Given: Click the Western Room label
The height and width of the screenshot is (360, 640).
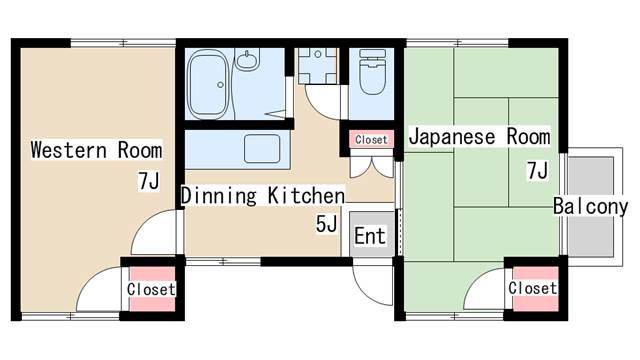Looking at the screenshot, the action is [96, 150].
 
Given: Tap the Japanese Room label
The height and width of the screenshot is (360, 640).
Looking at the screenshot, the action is [480, 136].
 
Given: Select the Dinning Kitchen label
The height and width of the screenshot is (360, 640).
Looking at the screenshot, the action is [263, 196].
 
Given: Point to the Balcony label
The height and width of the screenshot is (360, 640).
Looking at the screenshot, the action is [590, 206].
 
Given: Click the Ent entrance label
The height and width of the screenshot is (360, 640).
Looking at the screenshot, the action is [370, 236].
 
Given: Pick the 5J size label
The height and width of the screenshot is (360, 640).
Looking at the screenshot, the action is [326, 224].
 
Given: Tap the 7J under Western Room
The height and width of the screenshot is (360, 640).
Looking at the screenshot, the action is [149, 181].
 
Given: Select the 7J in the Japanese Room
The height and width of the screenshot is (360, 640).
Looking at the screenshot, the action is [537, 170].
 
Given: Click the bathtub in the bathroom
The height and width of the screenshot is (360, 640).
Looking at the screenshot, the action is [207, 84].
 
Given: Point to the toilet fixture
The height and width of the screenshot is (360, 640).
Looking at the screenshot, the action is [372, 72].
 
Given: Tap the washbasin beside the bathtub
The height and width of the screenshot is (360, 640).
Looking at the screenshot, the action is [247, 61].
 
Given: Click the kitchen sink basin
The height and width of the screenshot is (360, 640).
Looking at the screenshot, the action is [262, 149].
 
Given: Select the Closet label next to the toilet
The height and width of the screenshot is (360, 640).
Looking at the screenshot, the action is [371, 140].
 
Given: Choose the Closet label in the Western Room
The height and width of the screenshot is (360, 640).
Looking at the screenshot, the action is [151, 289].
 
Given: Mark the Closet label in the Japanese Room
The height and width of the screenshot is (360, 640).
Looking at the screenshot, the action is [533, 288].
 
